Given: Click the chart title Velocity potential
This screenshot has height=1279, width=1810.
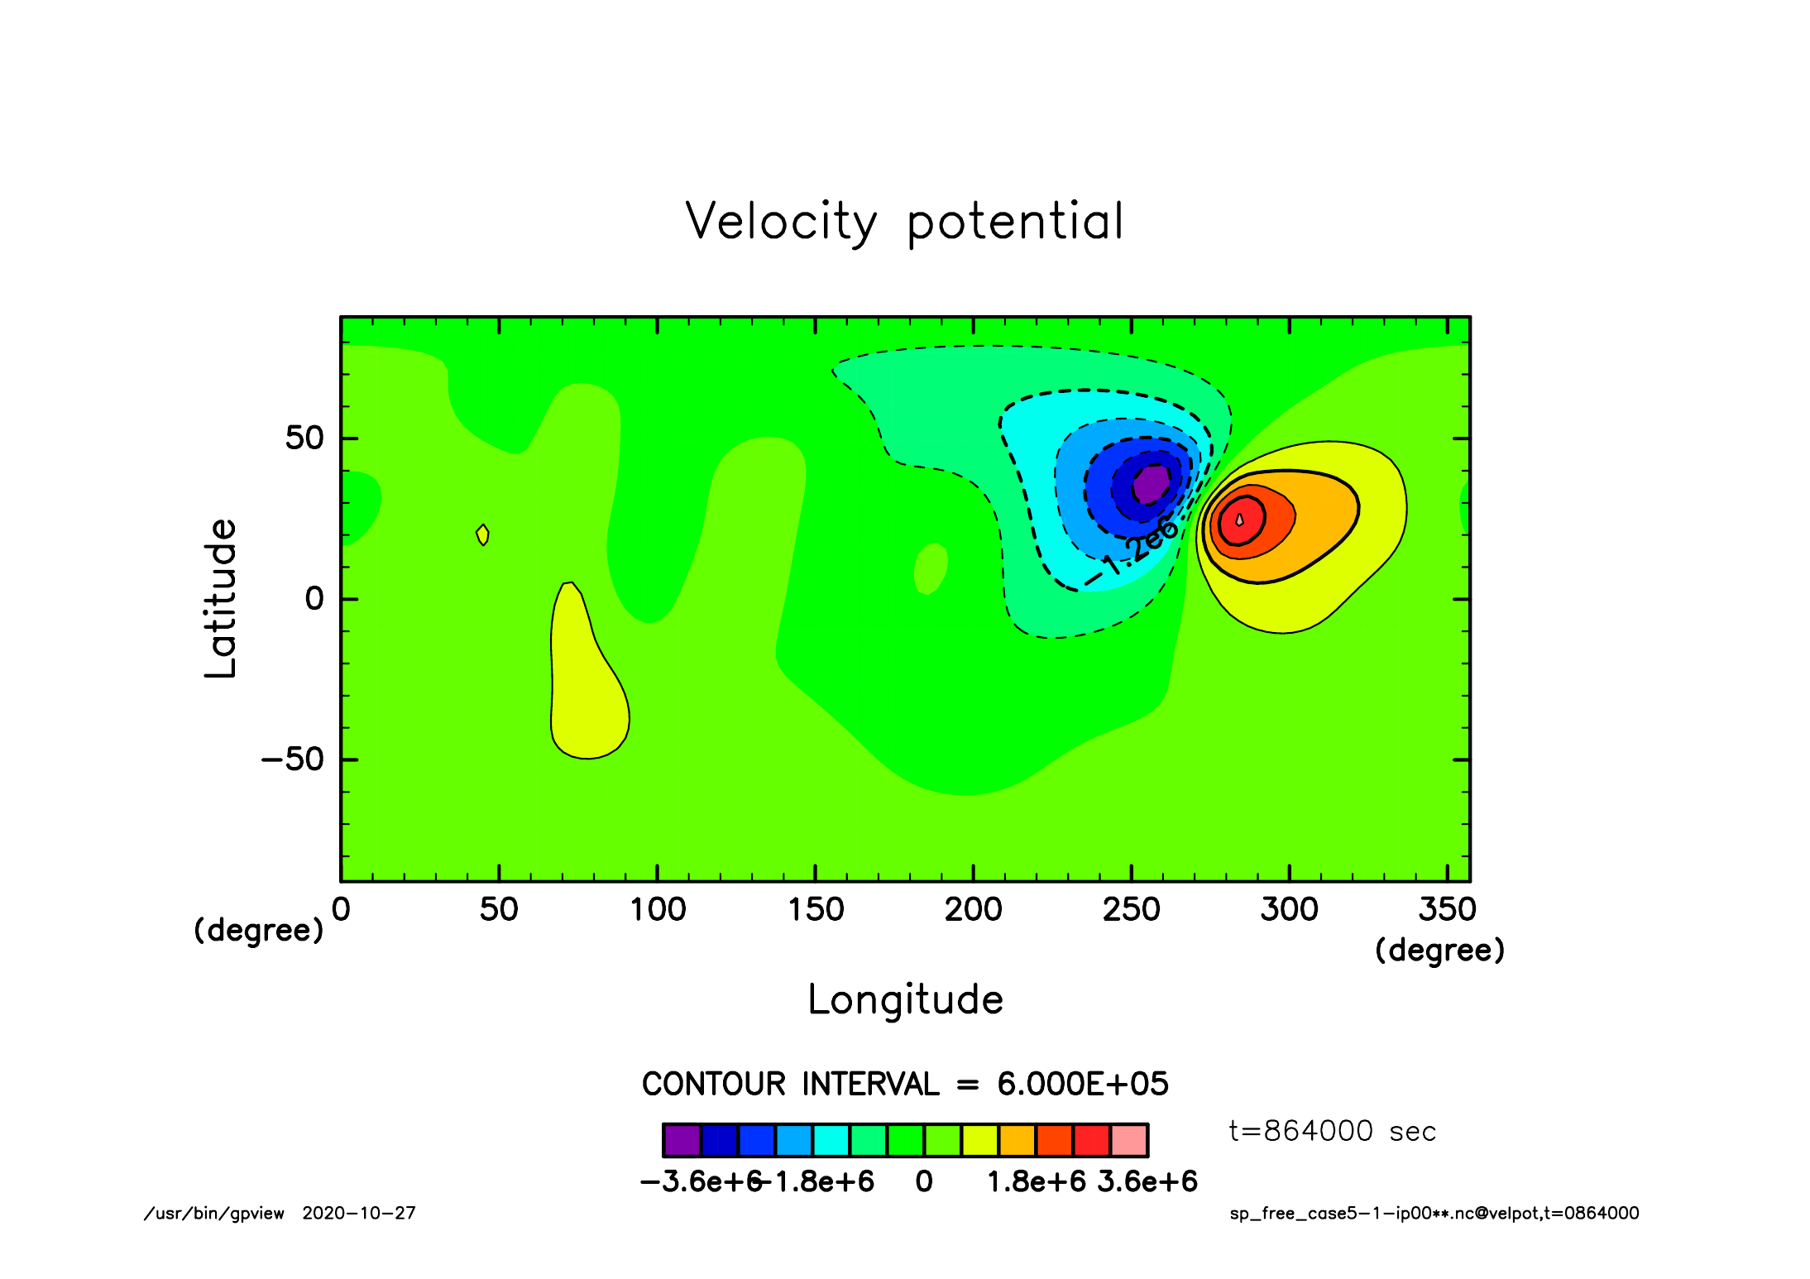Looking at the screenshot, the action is point(905,222).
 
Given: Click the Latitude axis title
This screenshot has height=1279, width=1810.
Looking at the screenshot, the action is point(221,598).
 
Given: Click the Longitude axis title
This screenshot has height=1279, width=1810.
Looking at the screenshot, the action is point(906,999).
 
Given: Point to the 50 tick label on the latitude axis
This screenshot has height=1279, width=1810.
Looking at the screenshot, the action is point(304,438).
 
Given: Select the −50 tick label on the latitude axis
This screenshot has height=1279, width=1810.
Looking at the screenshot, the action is point(293,759).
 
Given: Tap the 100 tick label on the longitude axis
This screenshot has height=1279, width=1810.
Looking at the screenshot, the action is point(658,910).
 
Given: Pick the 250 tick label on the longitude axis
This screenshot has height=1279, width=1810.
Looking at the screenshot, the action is point(1132,910).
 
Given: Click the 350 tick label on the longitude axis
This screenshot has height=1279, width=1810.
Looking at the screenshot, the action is point(1448,910).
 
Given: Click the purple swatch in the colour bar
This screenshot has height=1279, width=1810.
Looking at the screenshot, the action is point(682,1140).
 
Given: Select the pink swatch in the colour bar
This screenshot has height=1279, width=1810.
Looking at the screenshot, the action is point(1129,1140).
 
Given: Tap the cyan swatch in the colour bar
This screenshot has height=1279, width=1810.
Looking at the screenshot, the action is point(831,1140).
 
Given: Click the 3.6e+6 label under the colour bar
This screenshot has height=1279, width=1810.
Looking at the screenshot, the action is point(1148,1182).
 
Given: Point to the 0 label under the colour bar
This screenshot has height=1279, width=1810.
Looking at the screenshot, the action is point(924,1182).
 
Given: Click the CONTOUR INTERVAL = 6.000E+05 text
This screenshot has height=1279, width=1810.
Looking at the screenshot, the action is point(905,1084).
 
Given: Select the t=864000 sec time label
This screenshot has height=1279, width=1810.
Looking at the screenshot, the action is point(1332,1131).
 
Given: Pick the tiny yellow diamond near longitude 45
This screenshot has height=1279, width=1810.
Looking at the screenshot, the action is point(483,535).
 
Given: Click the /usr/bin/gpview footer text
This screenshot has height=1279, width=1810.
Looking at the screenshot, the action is point(214,1214).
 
